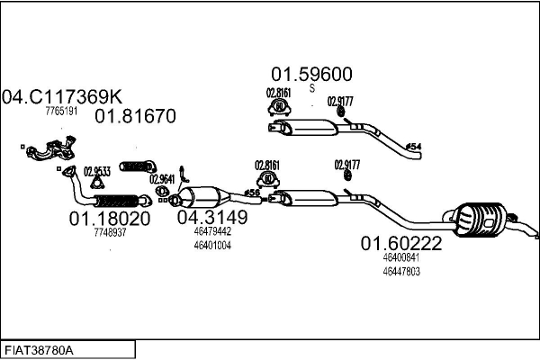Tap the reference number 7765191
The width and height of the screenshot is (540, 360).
61,112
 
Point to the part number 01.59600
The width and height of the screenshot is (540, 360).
311,75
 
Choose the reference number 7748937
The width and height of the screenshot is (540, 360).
110,232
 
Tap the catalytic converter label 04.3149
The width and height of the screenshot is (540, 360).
211,217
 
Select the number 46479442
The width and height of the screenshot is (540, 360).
212,231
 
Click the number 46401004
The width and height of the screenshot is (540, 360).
212,245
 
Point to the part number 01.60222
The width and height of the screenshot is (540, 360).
401,243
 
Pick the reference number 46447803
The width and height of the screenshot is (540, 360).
401,271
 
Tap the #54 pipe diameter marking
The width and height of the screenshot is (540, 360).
413,146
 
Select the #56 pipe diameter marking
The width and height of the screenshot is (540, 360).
252,193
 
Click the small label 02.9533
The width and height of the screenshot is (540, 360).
97,171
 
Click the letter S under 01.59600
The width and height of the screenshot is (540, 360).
312,89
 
